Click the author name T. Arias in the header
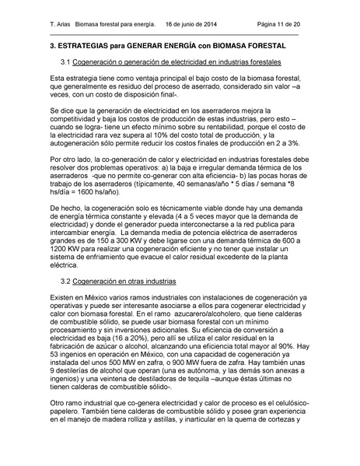60,26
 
